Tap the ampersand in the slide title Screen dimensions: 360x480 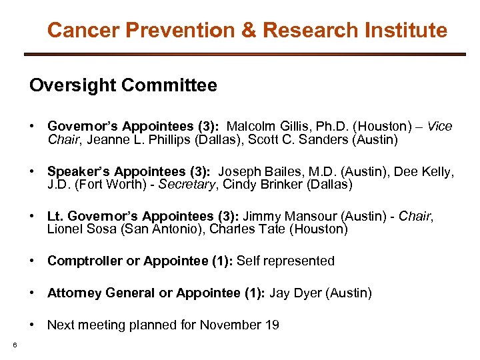(247, 30)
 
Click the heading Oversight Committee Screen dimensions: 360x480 (123, 85)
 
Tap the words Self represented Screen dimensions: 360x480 (285, 261)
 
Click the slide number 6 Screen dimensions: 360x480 (14, 344)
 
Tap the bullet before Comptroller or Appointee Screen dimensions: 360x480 (31, 261)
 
